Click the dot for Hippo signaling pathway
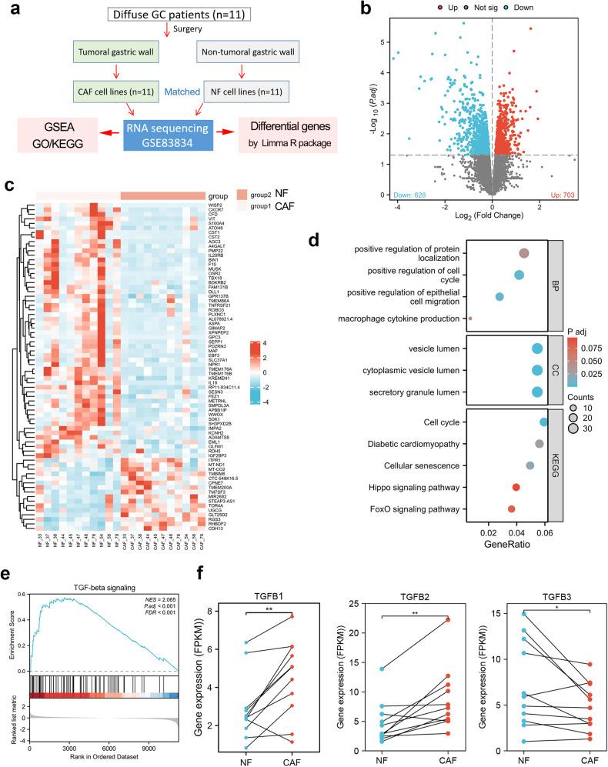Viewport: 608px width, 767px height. (516, 487)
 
